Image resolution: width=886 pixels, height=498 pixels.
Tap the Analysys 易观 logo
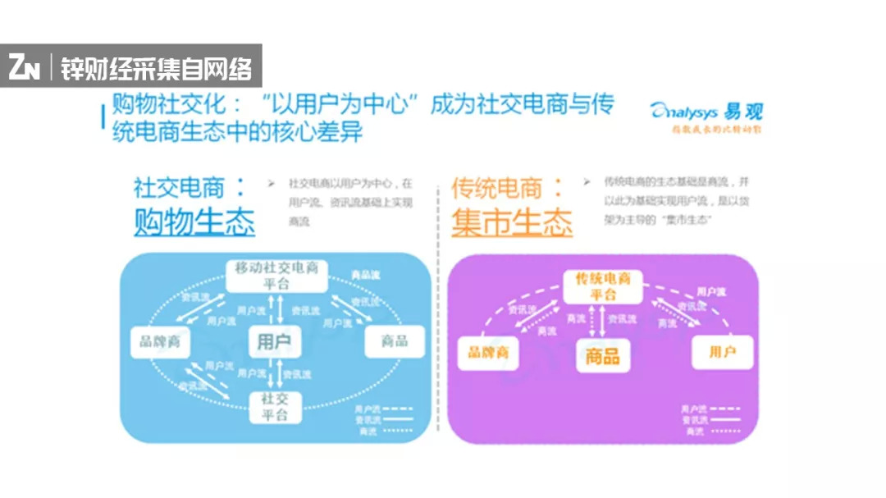click(x=706, y=114)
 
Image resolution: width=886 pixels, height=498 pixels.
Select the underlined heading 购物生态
click(x=194, y=222)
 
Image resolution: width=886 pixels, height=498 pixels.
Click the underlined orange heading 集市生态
click(x=512, y=222)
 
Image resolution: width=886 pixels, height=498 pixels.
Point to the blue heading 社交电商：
click(x=190, y=187)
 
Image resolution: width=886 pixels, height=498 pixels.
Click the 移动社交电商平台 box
click(x=276, y=276)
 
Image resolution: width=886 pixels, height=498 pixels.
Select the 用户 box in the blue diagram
click(x=274, y=341)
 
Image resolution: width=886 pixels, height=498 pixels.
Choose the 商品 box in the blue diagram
click(x=394, y=341)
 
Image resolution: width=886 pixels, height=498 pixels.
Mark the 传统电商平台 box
click(x=603, y=286)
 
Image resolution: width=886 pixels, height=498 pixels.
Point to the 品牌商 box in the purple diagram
click(x=488, y=353)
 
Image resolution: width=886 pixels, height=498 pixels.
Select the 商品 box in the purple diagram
click(x=603, y=355)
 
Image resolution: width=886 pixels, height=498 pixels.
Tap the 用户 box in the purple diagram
click(x=722, y=353)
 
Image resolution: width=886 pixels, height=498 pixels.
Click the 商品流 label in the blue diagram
click(x=361, y=274)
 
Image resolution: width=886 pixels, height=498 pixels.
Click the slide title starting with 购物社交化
click(x=361, y=118)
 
